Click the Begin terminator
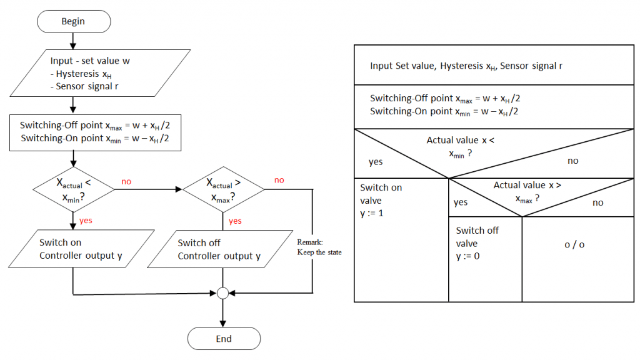click(x=74, y=21)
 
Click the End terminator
click(x=224, y=339)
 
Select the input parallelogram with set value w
click(x=100, y=73)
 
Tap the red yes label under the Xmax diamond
click(x=235, y=221)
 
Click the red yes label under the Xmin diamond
click(x=86, y=221)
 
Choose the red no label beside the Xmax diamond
click(x=279, y=180)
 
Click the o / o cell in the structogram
click(x=574, y=244)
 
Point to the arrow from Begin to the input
click(x=74, y=41)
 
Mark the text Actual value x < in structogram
click(x=460, y=140)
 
